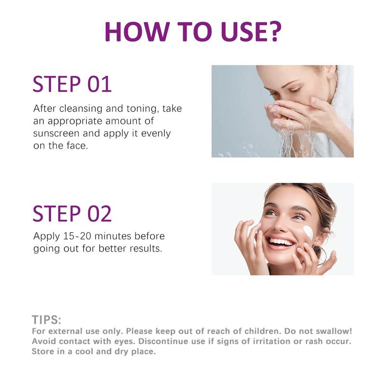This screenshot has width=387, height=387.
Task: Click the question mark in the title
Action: click(x=274, y=31)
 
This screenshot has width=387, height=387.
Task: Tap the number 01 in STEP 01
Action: click(x=100, y=84)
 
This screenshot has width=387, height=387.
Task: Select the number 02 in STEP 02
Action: click(x=100, y=214)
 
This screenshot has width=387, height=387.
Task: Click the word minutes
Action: click(x=113, y=236)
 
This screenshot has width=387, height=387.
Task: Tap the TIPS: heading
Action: click(x=46, y=320)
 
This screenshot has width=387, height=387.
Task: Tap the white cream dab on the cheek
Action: click(x=308, y=233)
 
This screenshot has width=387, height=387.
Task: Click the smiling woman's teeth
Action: click(x=281, y=241)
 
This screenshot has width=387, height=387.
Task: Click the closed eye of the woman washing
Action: click(x=295, y=90)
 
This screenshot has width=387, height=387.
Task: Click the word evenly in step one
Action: click(x=156, y=134)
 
